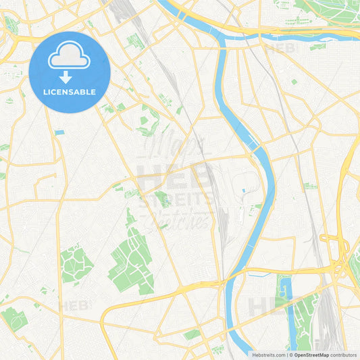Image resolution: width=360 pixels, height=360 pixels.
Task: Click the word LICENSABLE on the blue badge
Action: click(70, 92)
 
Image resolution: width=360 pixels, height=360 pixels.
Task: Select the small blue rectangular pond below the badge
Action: click(59, 132)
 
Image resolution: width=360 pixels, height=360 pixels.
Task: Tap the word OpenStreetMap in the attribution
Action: click(311, 355)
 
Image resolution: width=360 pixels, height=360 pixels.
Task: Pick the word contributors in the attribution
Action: click(344, 355)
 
